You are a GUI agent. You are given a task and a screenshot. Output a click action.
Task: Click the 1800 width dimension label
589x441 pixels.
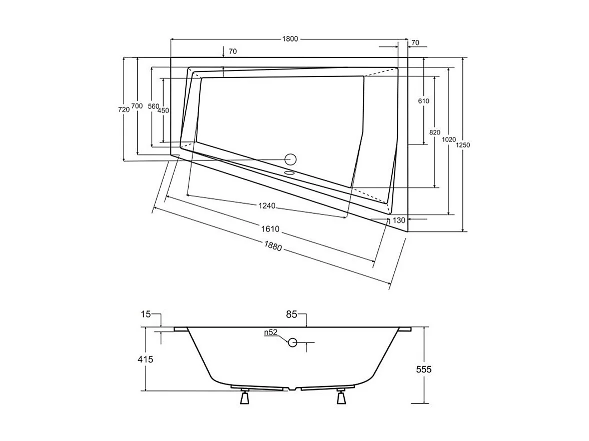[x=290, y=39]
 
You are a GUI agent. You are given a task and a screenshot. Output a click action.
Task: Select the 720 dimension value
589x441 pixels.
[x=124, y=109]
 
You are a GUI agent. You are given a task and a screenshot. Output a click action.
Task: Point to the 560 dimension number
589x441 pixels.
[x=153, y=106]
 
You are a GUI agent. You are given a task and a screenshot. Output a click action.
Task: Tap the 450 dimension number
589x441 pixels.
[x=163, y=110]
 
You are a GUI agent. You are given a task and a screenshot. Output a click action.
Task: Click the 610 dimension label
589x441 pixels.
[x=423, y=101]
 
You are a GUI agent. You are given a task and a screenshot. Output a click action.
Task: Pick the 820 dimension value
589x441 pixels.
[x=434, y=132]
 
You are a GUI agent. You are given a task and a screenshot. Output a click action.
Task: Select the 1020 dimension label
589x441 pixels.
[x=449, y=139]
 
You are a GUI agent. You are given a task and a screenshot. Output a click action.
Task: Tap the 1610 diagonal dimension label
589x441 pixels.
[x=269, y=229]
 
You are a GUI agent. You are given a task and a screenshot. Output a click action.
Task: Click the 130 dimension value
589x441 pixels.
[x=399, y=220]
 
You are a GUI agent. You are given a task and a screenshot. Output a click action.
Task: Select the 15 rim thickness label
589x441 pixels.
[x=146, y=314]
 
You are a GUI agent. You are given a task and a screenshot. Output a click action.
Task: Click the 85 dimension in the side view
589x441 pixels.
[x=292, y=314]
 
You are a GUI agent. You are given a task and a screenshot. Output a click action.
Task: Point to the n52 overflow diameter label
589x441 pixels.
[x=271, y=333]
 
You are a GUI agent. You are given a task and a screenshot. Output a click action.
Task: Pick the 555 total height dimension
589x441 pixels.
[x=423, y=369]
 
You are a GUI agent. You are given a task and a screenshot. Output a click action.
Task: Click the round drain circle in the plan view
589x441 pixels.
[x=290, y=159]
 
